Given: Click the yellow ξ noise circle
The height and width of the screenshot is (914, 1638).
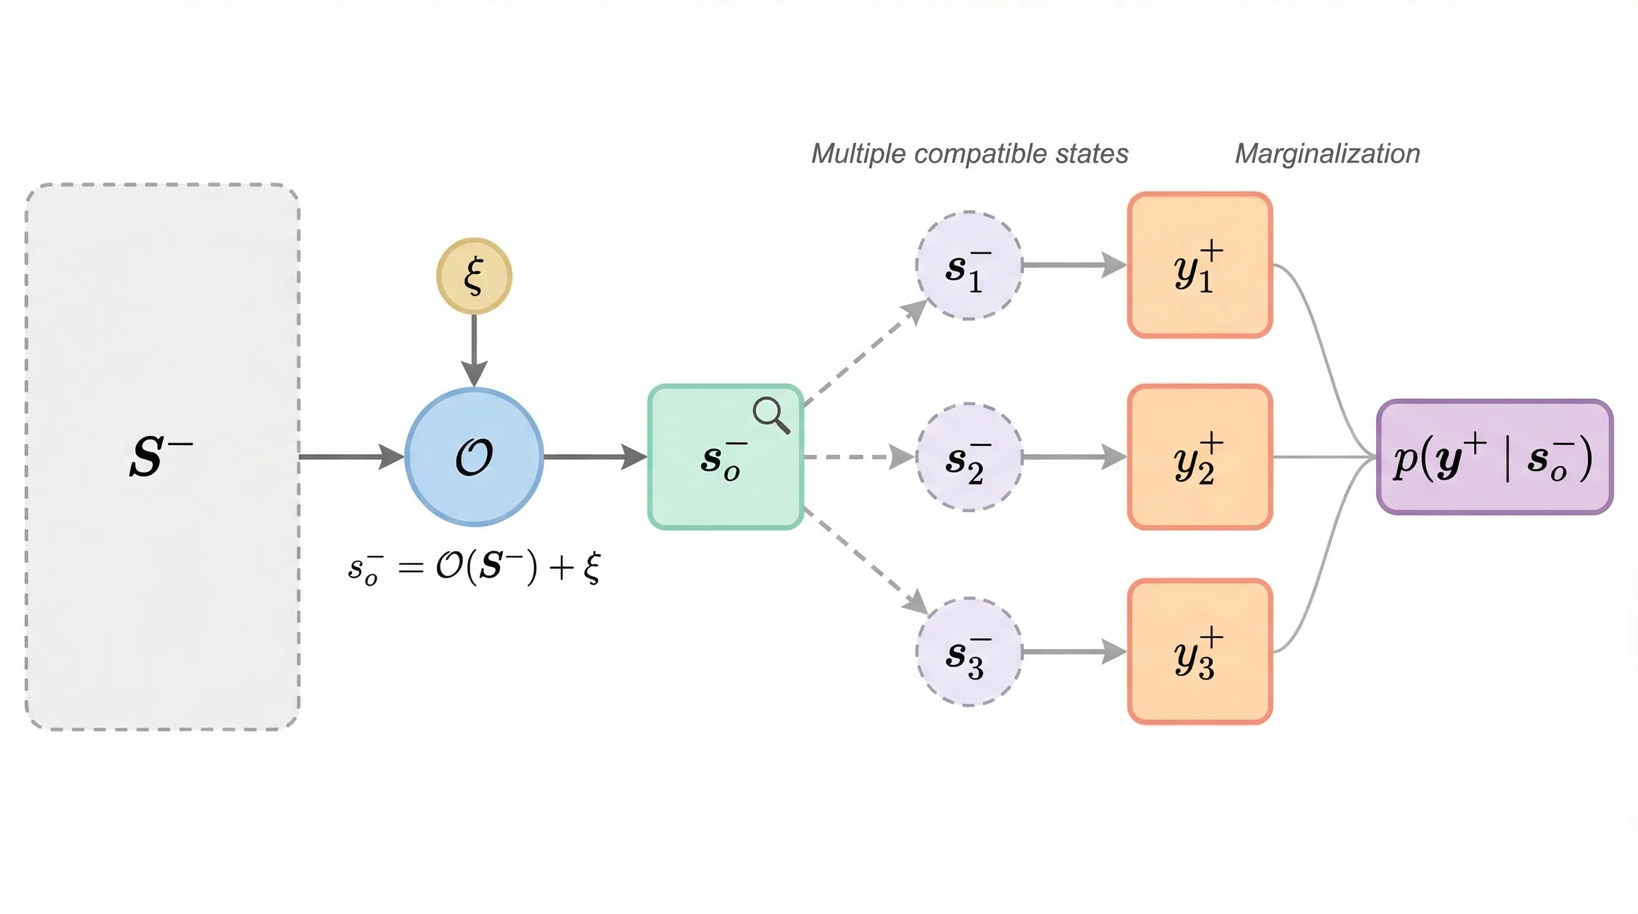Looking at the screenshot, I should [474, 276].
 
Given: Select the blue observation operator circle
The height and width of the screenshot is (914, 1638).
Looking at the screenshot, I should [474, 456].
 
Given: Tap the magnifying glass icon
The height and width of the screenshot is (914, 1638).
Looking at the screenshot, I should [771, 414].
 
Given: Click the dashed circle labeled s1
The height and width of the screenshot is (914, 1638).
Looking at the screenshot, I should [968, 265].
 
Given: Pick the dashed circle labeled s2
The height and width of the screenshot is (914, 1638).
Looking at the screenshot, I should [968, 457].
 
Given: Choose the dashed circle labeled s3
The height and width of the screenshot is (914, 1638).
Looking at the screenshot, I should [968, 652].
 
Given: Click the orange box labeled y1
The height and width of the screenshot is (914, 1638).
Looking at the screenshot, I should [1200, 265].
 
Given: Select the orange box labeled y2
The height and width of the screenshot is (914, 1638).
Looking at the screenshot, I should [1200, 457].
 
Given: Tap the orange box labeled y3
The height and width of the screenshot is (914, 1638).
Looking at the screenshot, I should [1200, 652].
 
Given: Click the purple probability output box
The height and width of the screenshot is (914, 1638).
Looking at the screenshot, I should [1495, 457].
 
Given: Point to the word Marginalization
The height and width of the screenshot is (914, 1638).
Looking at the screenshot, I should [1327, 154].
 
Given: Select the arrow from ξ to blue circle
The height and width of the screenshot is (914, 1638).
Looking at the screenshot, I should [474, 349].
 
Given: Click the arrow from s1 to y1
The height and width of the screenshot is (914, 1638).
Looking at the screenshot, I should [1073, 265].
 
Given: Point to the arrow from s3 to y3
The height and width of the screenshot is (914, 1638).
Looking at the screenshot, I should [1073, 652].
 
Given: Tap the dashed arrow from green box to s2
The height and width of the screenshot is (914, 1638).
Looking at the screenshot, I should [858, 457].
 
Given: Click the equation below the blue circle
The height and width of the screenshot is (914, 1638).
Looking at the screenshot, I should [474, 566].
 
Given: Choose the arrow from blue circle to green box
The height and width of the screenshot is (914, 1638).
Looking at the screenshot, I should [595, 456].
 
